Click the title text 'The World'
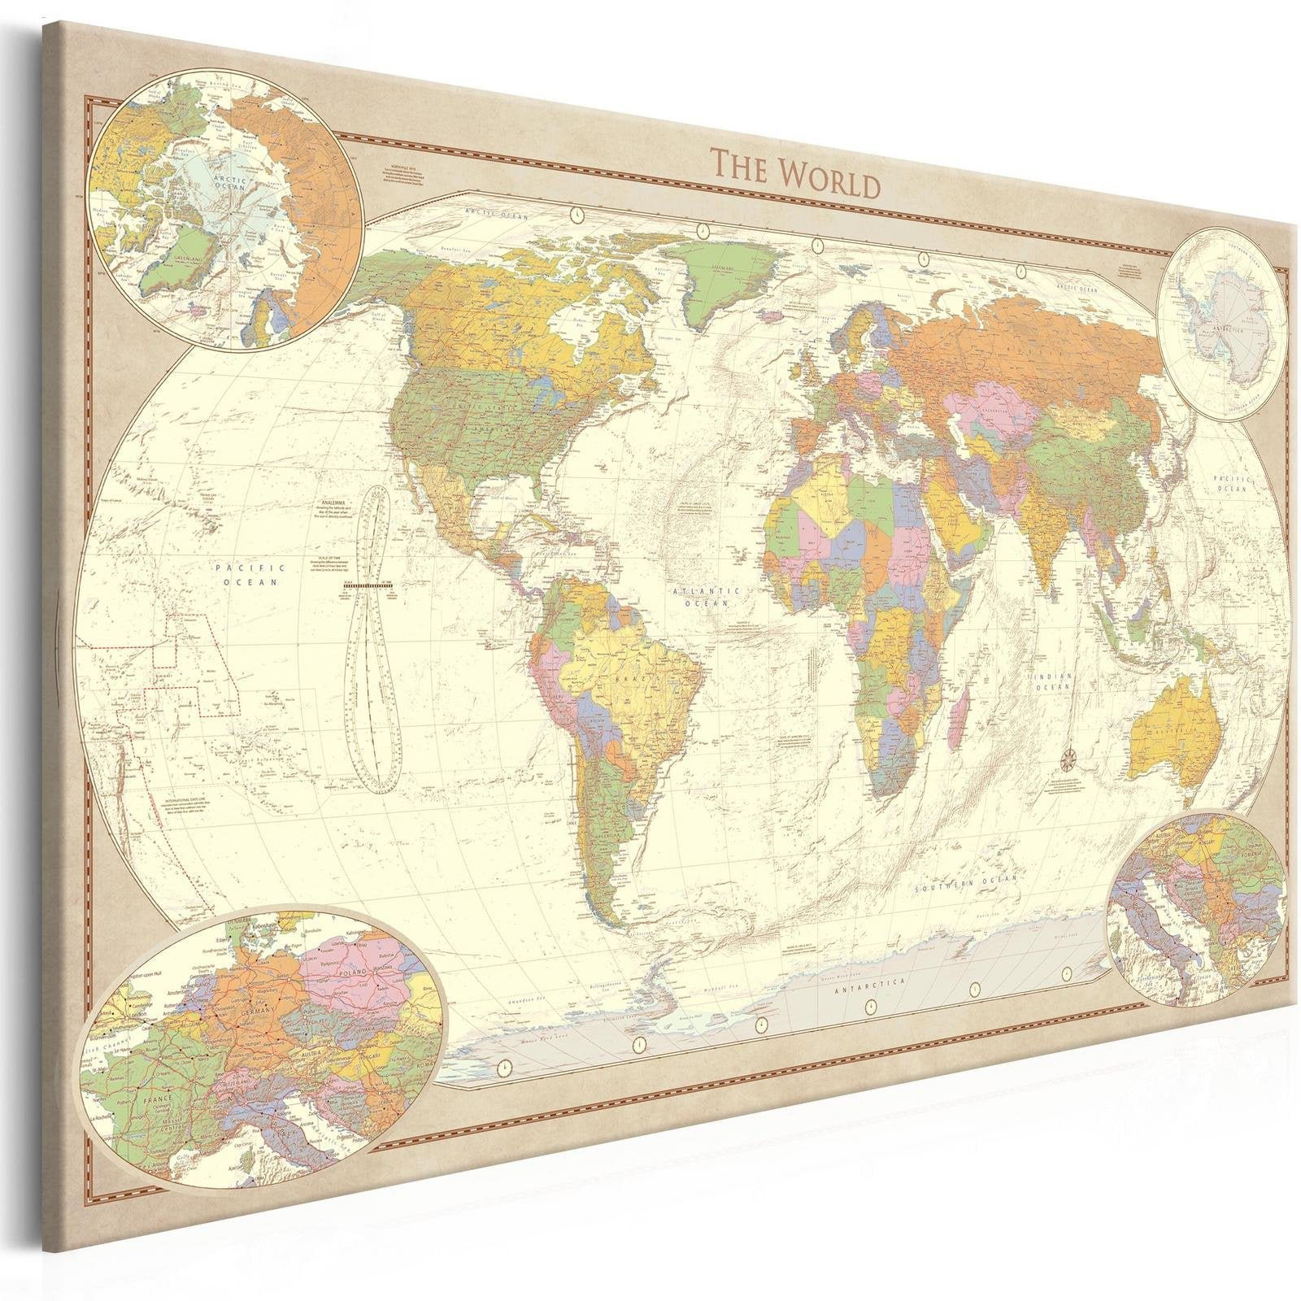[x=795, y=173]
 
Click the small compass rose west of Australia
[x=1068, y=759]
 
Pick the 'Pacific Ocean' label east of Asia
[x=1231, y=484]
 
